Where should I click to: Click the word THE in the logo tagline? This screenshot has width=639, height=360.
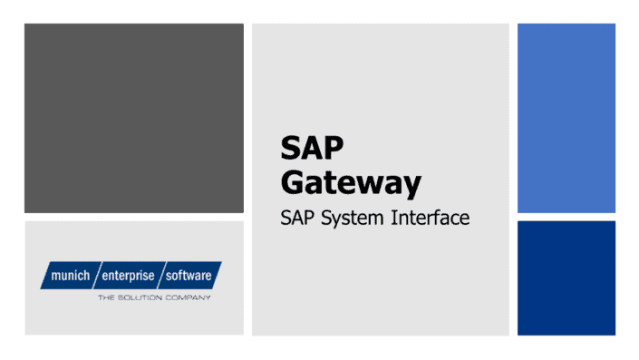(x=106, y=297)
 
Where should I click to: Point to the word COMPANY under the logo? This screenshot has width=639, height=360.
(x=187, y=297)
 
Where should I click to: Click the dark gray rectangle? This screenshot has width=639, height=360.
(x=133, y=118)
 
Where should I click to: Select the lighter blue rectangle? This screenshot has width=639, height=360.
(x=566, y=118)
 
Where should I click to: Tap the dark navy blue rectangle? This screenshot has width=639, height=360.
(x=566, y=277)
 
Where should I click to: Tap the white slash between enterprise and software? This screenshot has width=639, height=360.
(x=161, y=274)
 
